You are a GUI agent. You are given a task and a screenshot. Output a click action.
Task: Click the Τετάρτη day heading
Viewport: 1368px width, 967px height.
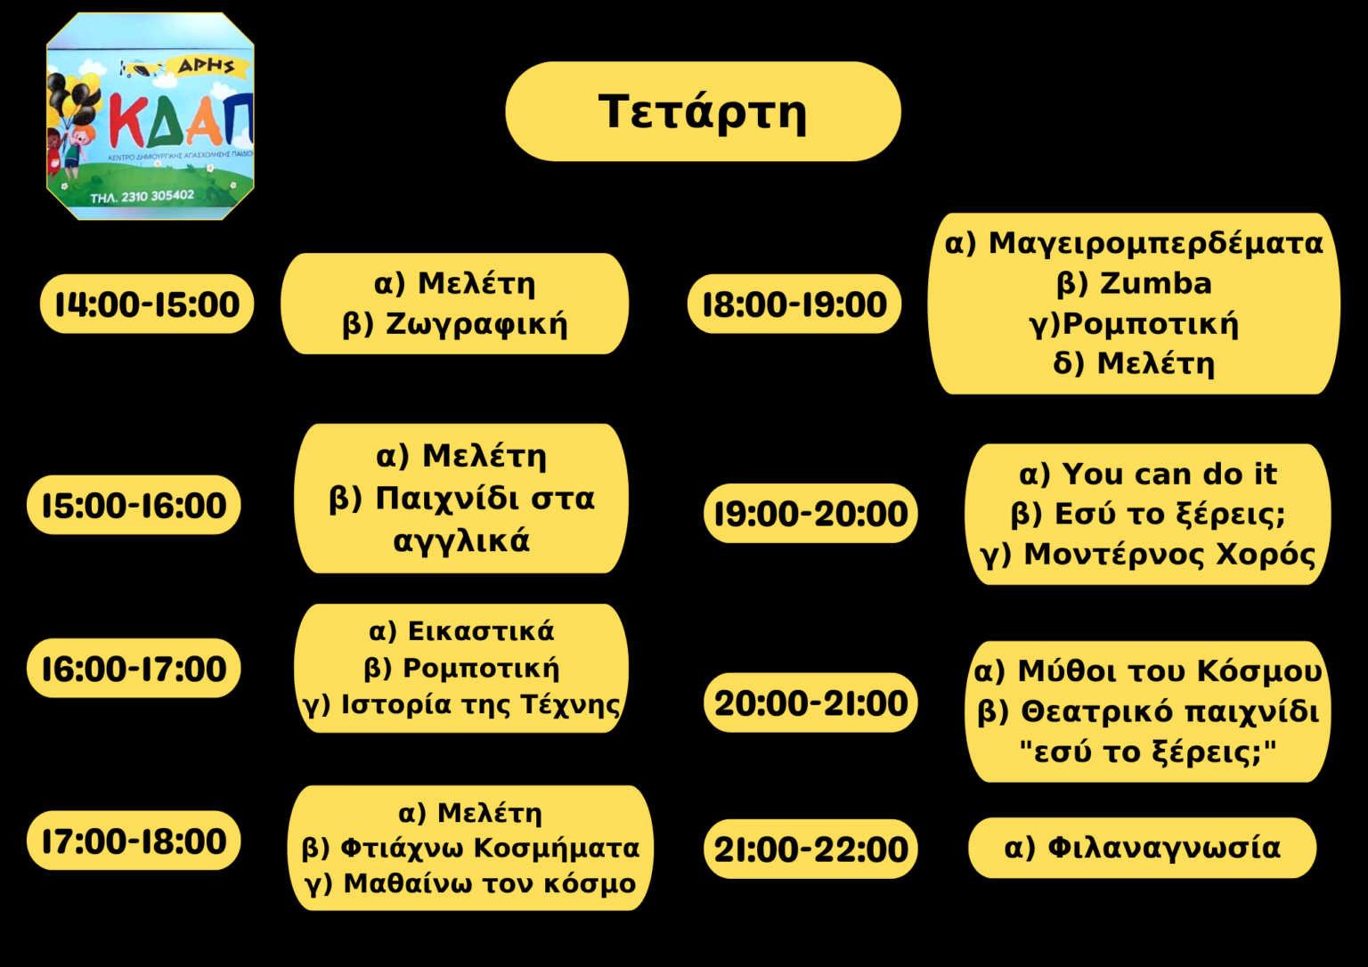[703, 111]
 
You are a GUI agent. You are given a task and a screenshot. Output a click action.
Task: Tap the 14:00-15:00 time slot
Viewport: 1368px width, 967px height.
[147, 304]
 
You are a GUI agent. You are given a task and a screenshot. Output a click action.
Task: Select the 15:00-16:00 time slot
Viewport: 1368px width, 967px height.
[134, 505]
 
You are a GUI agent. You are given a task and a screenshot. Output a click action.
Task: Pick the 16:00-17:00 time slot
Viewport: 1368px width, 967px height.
[134, 669]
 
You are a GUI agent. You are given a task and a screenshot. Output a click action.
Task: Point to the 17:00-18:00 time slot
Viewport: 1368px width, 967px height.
[134, 841]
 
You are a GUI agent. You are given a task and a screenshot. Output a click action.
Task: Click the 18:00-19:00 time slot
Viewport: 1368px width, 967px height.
[794, 304]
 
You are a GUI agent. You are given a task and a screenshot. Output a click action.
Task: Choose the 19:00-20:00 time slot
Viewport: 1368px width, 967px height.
[811, 514]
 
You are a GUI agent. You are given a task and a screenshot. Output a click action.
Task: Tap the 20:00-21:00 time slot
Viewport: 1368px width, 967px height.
[811, 703]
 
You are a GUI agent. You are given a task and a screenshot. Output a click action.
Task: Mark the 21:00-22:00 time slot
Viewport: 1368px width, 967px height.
[811, 849]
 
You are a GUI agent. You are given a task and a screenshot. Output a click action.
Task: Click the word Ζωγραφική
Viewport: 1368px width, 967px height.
[477, 325]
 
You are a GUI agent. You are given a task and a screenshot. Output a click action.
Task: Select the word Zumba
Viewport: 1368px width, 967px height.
[1155, 283]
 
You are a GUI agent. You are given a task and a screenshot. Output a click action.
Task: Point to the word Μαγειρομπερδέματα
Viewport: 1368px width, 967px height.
[1155, 244]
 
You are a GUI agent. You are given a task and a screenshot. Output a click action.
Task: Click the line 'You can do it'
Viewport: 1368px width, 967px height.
[1169, 474]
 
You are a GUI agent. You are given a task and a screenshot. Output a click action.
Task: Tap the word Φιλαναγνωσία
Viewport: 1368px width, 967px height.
[1164, 848]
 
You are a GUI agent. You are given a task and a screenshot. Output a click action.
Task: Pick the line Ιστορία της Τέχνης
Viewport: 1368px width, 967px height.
[481, 705]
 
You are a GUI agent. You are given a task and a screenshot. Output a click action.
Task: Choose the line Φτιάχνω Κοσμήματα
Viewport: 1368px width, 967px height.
[490, 848]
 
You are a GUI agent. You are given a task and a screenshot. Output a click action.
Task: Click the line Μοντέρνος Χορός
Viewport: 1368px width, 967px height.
[1169, 555]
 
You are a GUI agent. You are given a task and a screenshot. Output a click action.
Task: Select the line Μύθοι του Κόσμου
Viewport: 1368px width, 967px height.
[1169, 670]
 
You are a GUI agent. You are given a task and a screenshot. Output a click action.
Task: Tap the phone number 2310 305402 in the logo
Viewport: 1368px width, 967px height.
[158, 196]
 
